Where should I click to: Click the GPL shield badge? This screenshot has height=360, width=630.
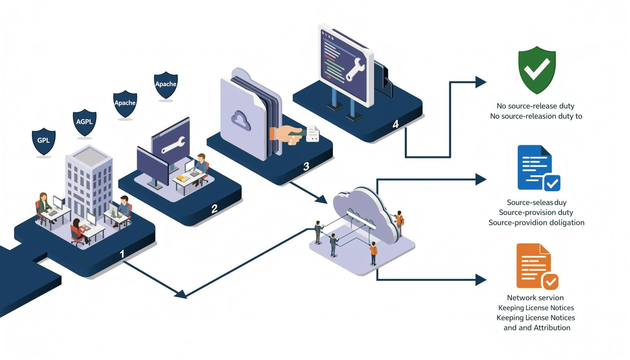click(x=44, y=141)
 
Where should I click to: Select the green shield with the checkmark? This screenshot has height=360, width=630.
click(x=537, y=70)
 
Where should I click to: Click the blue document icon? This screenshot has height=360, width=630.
click(x=538, y=168)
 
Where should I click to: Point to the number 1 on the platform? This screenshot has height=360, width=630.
click(x=122, y=254)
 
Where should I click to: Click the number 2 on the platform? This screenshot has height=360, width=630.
click(x=214, y=209)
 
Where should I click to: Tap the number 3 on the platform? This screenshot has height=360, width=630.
click(x=306, y=167)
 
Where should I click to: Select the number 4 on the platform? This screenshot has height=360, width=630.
click(x=395, y=124)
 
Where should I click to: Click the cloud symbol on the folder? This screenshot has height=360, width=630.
click(x=241, y=121)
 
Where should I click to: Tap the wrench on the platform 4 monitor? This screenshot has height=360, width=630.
click(x=355, y=69)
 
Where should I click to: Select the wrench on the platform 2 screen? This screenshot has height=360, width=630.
click(x=173, y=145)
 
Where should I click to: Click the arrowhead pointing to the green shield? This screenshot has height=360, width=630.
click(x=481, y=82)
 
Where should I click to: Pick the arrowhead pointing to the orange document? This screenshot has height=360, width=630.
click(x=481, y=280)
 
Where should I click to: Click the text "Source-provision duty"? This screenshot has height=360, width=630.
click(x=536, y=212)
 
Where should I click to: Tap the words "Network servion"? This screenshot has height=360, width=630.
click(x=535, y=297)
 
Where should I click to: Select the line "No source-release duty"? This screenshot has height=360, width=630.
click(x=535, y=106)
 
